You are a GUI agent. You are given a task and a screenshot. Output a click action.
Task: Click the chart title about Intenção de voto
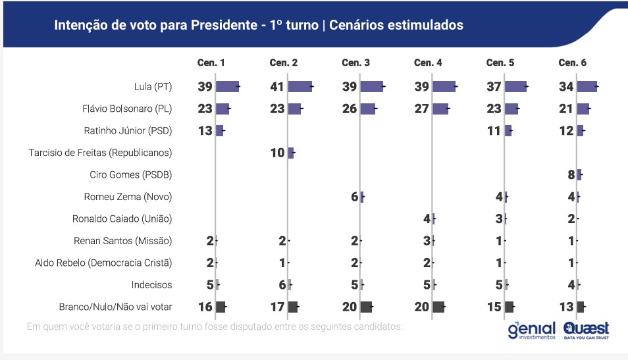coord(258,25)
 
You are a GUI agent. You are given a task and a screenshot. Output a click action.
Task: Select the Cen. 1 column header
coord(211,63)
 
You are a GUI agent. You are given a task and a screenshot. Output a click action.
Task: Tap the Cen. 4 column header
coord(428,63)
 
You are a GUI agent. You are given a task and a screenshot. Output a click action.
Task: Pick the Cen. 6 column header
coord(572,63)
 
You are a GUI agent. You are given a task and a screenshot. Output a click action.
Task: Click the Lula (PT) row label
coord(152,87)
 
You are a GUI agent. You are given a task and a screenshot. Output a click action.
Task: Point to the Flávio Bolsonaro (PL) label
coord(130,109)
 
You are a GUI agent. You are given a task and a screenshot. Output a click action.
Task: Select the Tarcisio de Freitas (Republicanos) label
coord(100,153)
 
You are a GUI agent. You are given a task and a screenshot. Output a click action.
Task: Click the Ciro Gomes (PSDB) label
coord(130,174)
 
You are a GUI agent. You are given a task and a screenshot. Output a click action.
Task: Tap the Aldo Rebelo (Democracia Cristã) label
coord(103,263)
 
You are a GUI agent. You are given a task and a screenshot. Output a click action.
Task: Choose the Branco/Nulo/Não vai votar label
coord(115,307)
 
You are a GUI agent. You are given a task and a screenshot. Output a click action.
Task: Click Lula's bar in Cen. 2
coord(300,87)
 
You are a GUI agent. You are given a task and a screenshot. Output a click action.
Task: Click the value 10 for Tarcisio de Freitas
coord(277,153)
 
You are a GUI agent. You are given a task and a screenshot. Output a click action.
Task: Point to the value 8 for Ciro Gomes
coord(571,174)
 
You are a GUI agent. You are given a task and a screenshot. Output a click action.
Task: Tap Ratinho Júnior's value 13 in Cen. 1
coord(205,131)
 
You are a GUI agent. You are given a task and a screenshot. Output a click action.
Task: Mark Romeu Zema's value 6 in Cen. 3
coord(354,197)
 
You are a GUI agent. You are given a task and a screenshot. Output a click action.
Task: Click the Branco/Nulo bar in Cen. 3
coord(366,307)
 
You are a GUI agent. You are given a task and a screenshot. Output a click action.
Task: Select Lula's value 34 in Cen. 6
coord(566,87)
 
